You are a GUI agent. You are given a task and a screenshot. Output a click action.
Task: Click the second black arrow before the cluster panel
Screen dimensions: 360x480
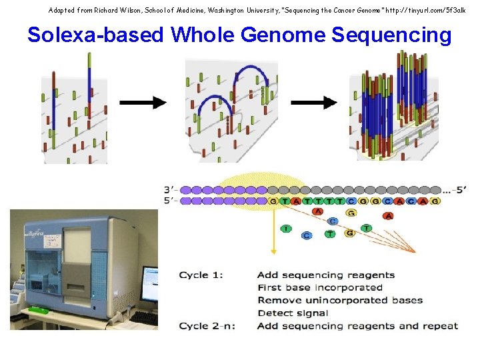pyautogui.click(x=314, y=103)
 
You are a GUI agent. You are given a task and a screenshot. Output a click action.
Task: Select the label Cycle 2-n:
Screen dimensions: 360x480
pyautogui.click(x=207, y=326)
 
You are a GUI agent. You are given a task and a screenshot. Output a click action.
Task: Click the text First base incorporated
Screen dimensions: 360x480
pyautogui.click(x=319, y=288)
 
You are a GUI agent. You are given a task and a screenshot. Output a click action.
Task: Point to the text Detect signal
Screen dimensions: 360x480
pyautogui.click(x=292, y=313)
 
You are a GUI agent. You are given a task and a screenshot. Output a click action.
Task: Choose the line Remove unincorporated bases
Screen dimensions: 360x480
pyautogui.click(x=339, y=301)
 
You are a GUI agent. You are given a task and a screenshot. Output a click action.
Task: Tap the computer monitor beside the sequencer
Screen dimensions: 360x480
pyautogui.click(x=150, y=283)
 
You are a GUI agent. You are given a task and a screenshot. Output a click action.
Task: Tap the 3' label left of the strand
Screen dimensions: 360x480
pyautogui.click(x=171, y=189)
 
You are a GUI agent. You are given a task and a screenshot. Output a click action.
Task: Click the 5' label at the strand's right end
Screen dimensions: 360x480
pyautogui.click(x=458, y=189)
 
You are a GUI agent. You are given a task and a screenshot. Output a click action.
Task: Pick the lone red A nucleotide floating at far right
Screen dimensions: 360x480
pyautogui.click(x=388, y=216)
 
